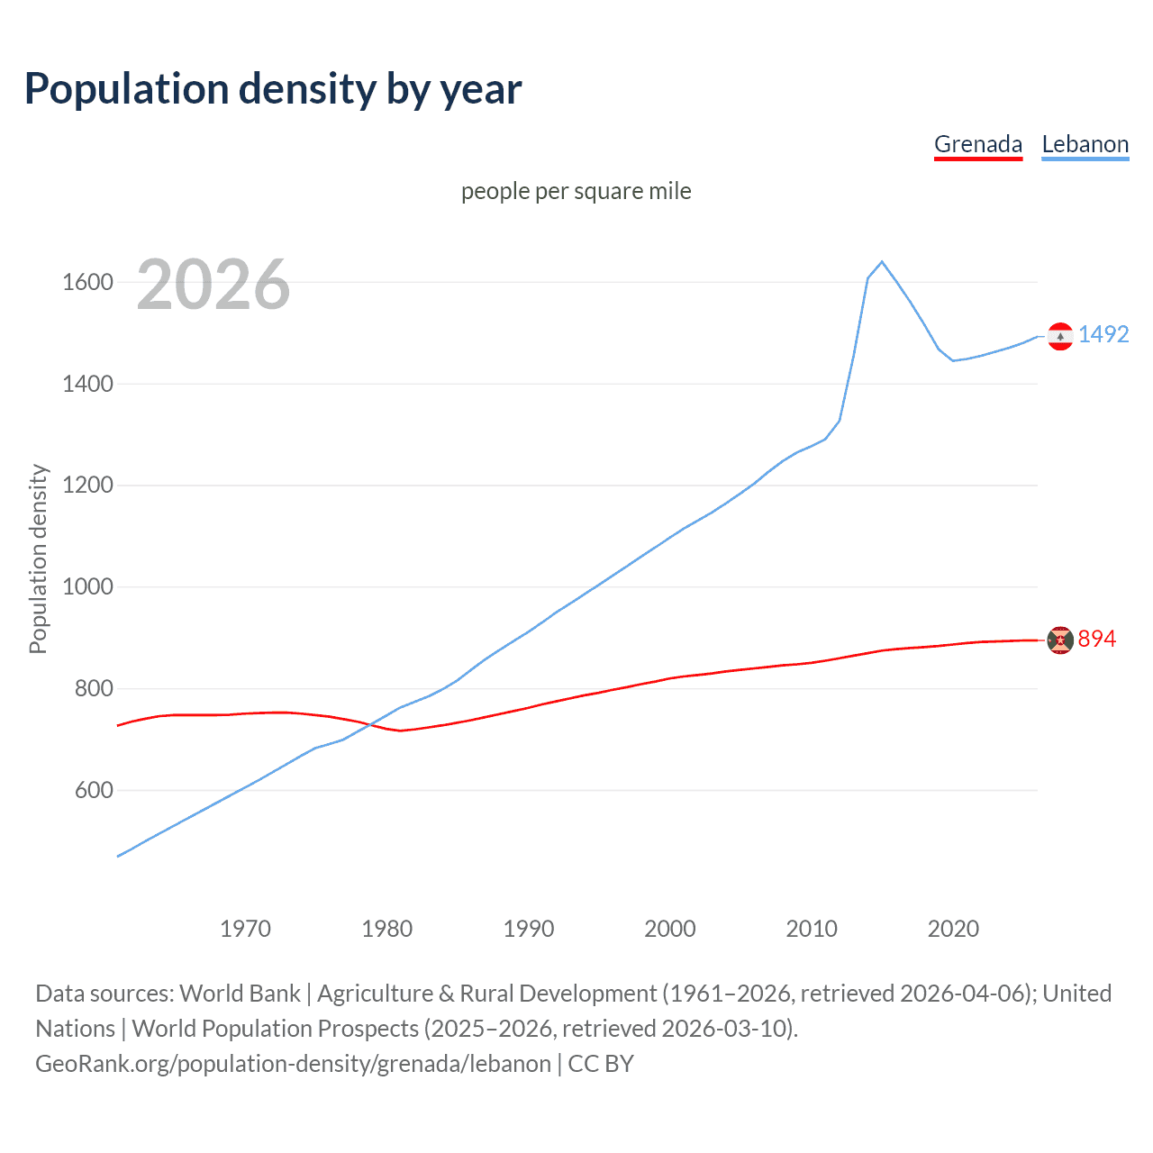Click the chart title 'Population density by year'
(273, 89)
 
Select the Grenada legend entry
(978, 144)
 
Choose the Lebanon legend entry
(1085, 144)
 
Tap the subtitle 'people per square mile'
(576, 191)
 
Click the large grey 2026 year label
(213, 285)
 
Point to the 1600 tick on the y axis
(87, 283)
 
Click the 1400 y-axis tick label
(87, 385)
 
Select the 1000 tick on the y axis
(87, 587)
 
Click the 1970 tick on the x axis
(245, 929)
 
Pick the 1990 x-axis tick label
(529, 929)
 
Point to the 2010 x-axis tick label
(812, 929)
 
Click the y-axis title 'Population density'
(38, 558)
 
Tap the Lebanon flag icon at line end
(1060, 336)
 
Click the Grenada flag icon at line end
(1060, 640)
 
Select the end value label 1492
(1103, 334)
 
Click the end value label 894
(1097, 639)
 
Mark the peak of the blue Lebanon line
(882, 262)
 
